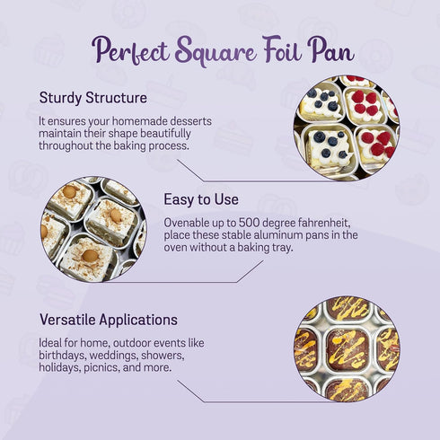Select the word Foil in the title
[x=282, y=48]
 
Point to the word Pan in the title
[x=331, y=49]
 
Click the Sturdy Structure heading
[x=93, y=98]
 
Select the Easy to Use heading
[x=201, y=199]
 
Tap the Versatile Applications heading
[x=109, y=320]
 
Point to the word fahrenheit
[x=318, y=223]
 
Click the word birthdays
[x=63, y=356]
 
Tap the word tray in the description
[x=281, y=248]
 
